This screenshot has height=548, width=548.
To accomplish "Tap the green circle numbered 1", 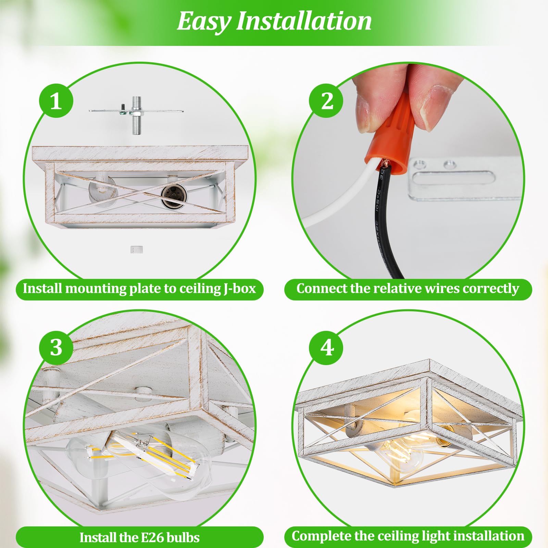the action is coord(56,101).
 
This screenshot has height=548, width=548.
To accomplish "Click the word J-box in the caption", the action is coord(240,289).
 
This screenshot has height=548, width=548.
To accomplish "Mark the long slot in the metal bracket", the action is coord(454,178).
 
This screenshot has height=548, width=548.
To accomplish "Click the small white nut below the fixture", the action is coord(136,250).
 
